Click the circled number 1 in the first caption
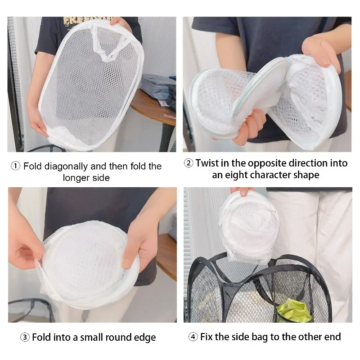coord(15,166)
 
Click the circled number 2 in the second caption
coord(189,163)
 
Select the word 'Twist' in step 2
coord(207,163)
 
